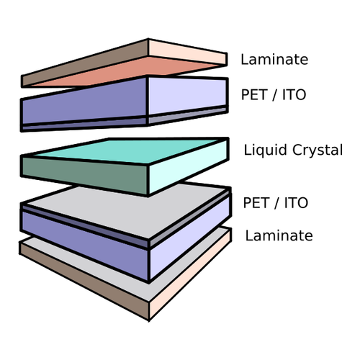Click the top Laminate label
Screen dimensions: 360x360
point(274,59)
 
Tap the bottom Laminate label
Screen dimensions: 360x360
point(279,235)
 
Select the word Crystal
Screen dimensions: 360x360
point(318,150)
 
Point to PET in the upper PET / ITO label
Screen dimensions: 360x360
point(254,94)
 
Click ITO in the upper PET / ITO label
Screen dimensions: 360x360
point(294,94)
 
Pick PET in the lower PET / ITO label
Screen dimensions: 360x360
point(256,203)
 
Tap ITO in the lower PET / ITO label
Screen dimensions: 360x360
point(296,203)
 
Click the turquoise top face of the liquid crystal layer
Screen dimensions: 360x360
point(125,151)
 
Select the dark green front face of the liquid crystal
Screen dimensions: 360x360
point(84,175)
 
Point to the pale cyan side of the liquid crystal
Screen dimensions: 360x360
point(188,166)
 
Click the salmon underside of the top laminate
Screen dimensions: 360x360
point(125,71)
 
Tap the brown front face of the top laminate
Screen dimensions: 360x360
point(84,63)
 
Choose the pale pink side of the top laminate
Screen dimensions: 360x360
point(188,52)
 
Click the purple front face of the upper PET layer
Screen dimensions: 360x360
point(84,101)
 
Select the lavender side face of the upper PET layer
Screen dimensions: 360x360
point(187,96)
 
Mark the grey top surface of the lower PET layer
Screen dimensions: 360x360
point(127,210)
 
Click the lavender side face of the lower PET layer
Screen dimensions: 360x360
point(189,238)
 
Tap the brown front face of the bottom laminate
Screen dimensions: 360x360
point(84,281)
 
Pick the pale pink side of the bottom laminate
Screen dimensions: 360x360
point(189,274)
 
